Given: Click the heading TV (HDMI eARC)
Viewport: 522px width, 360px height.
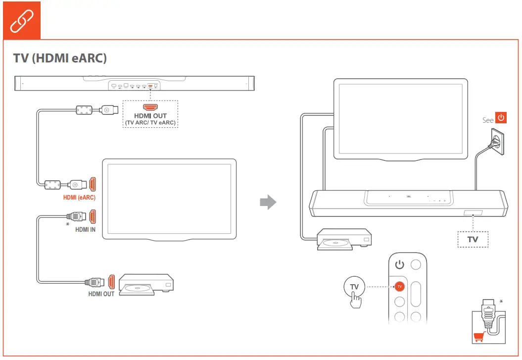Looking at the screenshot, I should point(60,58).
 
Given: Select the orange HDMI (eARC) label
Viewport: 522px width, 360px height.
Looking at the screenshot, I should point(79,198).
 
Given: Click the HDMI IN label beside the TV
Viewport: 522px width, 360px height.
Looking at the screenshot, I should point(86,230).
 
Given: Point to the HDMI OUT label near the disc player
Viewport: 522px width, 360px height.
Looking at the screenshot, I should point(101,294).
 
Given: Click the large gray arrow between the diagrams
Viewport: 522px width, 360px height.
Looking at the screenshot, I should point(268,202).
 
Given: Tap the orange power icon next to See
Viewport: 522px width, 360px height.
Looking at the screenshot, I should point(501,119).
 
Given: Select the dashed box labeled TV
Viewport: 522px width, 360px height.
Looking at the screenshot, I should point(473,239).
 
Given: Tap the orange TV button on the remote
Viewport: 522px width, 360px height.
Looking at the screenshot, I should point(399,286).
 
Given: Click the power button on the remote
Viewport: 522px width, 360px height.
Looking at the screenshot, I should point(399,264).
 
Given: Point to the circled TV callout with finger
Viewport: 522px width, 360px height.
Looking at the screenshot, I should point(354,287).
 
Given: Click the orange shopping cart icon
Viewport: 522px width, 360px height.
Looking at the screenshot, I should point(479,337).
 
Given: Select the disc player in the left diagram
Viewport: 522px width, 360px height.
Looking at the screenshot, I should point(146,284).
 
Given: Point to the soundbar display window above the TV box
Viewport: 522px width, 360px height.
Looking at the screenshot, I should point(473,214).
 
